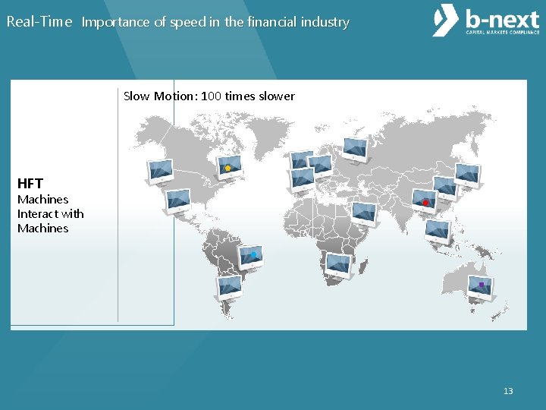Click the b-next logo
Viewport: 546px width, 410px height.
pos(485,21)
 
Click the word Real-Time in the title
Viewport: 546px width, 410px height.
pos(39,22)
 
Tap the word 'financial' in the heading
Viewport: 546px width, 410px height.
pos(259,22)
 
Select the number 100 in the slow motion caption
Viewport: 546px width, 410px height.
pos(212,96)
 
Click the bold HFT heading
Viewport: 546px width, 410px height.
pos(30,183)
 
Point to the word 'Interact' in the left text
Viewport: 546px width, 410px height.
pos(41,213)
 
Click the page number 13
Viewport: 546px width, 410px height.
pos(508,391)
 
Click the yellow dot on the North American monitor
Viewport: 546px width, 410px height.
pos(227,168)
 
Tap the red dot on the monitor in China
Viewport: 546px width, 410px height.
pos(425,203)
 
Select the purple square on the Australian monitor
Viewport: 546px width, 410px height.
pos(481,285)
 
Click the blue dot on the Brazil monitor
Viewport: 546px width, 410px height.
pos(254,255)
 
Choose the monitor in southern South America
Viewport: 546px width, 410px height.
pos(229,286)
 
